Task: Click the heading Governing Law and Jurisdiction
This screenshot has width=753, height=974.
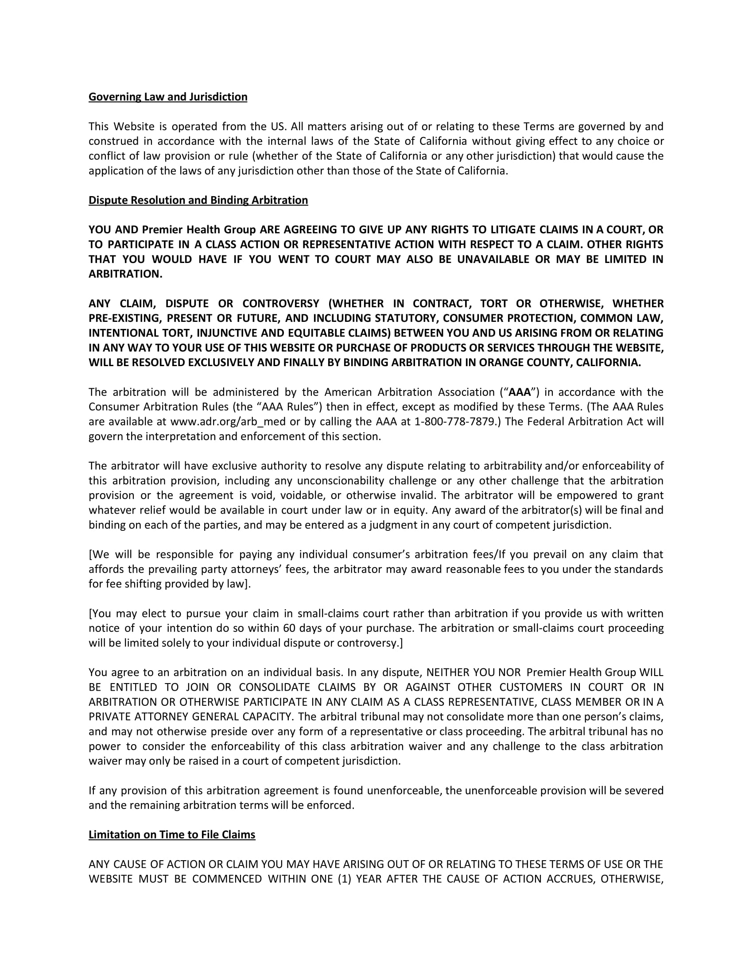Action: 168,97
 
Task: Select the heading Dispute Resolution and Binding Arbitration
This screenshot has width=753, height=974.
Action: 198,200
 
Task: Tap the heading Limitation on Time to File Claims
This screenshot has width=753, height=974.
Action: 172,835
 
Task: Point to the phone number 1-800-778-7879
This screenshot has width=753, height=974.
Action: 455,421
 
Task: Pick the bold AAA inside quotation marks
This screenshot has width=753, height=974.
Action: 520,392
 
